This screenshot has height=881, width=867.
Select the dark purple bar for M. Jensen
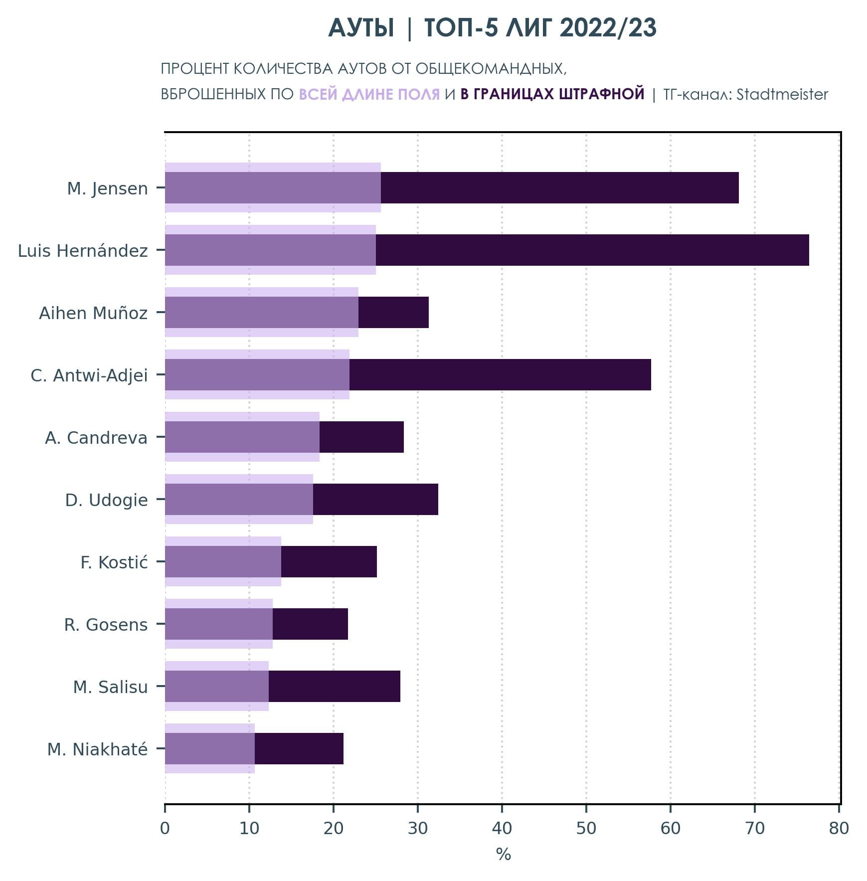(x=558, y=187)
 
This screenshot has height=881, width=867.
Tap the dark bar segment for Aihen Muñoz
(x=393, y=312)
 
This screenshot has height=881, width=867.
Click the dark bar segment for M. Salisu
(x=334, y=686)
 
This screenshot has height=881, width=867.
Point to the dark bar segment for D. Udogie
(x=375, y=499)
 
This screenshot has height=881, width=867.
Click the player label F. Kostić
(x=114, y=562)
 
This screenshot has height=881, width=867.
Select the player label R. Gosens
(x=106, y=625)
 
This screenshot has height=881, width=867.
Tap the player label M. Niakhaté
(x=97, y=749)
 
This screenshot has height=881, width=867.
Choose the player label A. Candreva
(x=96, y=438)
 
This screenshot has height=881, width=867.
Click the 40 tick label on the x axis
(x=502, y=828)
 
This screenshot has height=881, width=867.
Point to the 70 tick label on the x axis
(x=754, y=828)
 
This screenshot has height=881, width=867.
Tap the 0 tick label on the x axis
(x=165, y=828)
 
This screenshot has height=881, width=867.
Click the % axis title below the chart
(x=503, y=855)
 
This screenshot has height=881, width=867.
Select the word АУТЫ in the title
(x=361, y=28)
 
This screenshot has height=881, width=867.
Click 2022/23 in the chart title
(x=608, y=28)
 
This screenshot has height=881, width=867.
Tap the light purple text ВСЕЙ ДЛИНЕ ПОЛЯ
(x=369, y=94)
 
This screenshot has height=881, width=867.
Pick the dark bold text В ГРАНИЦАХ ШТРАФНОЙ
(x=552, y=94)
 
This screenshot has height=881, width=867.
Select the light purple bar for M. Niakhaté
(x=209, y=768)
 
